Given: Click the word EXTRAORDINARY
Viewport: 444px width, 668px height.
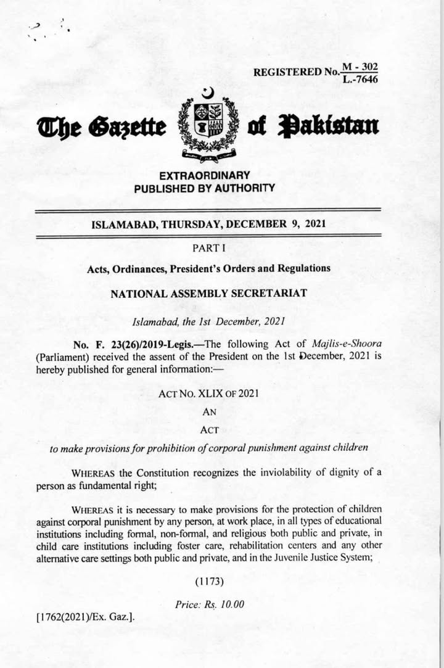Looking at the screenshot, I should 204,176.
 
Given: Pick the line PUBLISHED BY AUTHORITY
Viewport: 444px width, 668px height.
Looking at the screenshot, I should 204,188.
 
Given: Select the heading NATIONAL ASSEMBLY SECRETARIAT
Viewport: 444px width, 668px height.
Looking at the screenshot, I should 208,294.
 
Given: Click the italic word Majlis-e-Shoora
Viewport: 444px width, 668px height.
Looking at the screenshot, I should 348,345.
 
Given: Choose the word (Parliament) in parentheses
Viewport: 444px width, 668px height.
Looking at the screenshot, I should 62,357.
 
